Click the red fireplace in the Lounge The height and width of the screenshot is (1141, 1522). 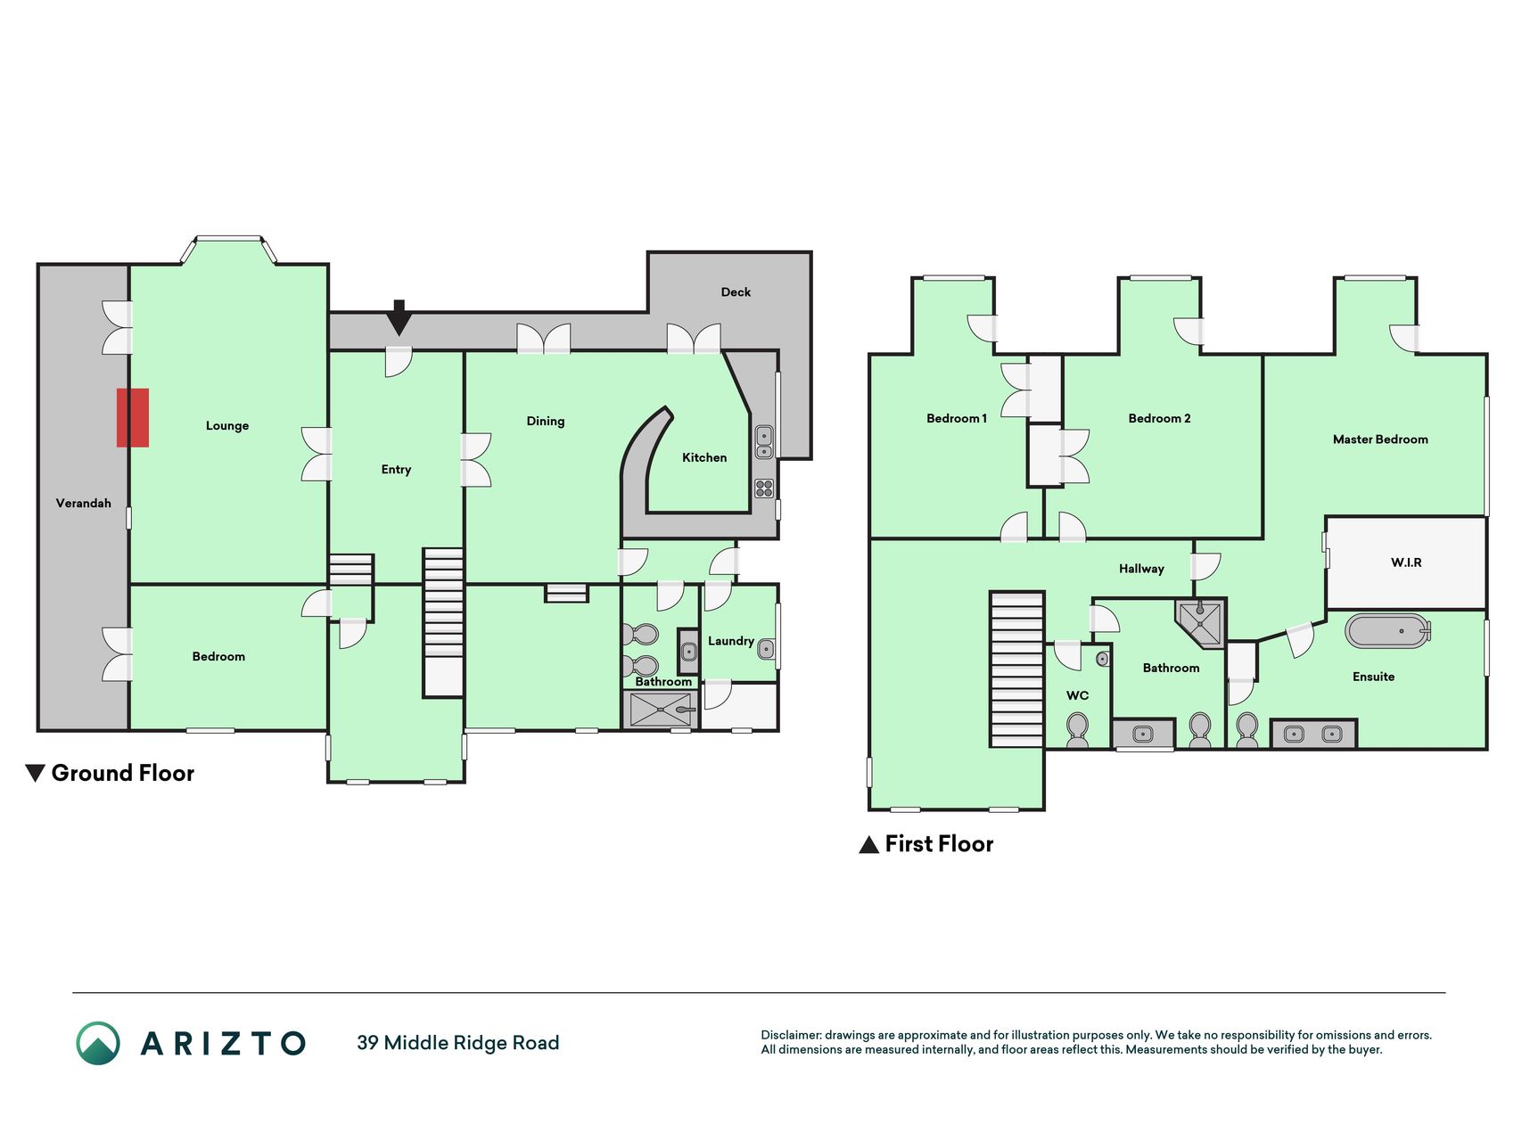tap(133, 417)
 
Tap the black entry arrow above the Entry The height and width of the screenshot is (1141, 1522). tap(399, 317)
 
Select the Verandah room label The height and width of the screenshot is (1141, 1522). tap(84, 503)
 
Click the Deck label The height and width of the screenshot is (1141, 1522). tap(736, 291)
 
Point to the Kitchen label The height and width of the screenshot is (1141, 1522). tap(704, 457)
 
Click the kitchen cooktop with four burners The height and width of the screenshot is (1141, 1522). tap(764, 488)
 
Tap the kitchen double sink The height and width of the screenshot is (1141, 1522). tap(764, 441)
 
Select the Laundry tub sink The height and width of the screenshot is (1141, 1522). tap(766, 650)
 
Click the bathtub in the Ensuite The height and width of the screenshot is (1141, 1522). tap(1387, 631)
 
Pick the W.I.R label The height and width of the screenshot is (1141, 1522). tap(1406, 562)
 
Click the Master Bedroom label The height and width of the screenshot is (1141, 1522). tap(1380, 439)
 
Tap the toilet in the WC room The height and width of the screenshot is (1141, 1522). tap(1077, 729)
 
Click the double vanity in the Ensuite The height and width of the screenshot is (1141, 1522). tap(1313, 734)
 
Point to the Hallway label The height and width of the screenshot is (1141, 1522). tap(1141, 569)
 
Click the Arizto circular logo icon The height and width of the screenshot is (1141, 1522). tap(98, 1043)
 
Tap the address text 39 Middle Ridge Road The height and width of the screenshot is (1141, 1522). tap(458, 1043)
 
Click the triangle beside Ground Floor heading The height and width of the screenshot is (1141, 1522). tap(35, 773)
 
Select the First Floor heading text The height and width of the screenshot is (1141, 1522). tap(939, 843)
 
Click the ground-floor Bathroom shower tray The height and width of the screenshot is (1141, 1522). tap(661, 710)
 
